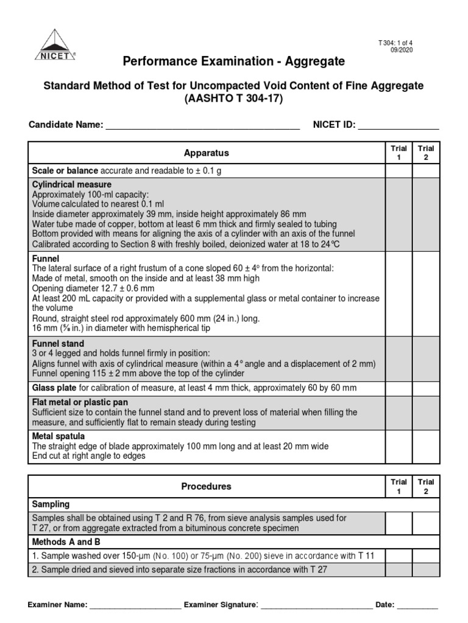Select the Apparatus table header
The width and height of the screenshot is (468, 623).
206,153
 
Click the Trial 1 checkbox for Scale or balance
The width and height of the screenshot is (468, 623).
399,171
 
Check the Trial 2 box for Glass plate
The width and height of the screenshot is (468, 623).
426,388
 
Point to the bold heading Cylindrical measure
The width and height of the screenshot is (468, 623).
71,184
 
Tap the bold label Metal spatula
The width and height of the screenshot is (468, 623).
58,436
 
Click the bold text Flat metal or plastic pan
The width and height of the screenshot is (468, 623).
80,402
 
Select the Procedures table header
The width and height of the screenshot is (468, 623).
206,487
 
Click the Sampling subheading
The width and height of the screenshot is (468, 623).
51,504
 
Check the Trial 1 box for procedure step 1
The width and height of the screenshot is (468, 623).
399,555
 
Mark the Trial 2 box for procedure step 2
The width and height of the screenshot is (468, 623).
426,569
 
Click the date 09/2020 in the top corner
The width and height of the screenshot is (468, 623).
402,50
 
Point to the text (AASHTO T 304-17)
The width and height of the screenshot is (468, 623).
233,99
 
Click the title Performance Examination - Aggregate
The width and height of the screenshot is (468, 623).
233,61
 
